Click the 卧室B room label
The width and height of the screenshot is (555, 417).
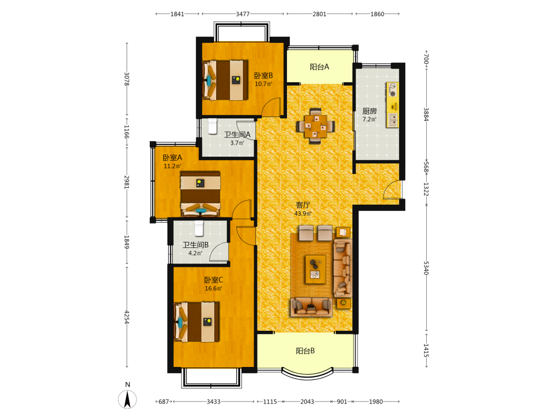click(263, 76)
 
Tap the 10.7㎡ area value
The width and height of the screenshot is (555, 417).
click(263, 84)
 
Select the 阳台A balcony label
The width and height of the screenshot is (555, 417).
click(319, 67)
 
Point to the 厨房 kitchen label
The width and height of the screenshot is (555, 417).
click(369, 111)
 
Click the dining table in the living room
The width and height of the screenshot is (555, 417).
click(316, 126)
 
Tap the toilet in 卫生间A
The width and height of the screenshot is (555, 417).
click(212, 126)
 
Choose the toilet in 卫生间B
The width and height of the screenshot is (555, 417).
click(199, 229)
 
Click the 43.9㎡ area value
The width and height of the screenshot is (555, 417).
click(303, 214)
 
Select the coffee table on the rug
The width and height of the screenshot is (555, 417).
click(316, 269)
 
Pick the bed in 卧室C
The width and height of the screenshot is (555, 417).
click(196, 322)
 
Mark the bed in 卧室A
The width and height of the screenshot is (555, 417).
click(200, 194)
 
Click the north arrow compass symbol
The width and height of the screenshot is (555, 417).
click(128, 399)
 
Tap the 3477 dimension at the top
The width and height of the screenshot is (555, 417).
click(243, 14)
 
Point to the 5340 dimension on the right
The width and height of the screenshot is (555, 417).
click(426, 268)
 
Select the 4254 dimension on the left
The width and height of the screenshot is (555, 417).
click(127, 317)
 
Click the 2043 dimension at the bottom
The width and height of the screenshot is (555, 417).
click(307, 401)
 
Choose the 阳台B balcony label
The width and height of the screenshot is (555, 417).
click(305, 351)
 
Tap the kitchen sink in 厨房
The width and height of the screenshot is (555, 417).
click(393, 120)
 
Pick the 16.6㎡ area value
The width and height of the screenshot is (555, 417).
click(214, 288)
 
